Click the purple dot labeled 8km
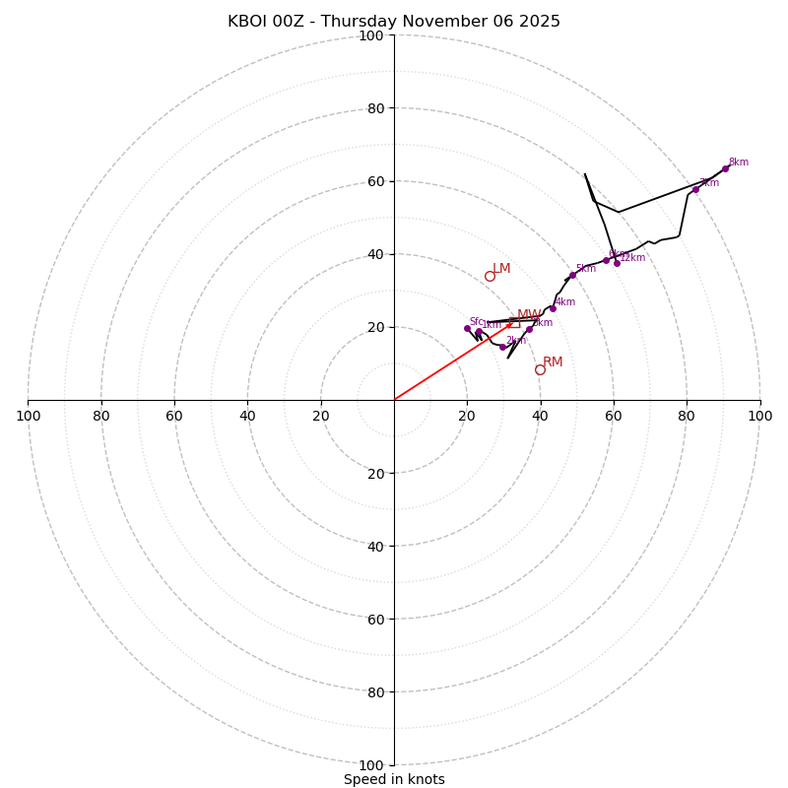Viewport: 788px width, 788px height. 725,168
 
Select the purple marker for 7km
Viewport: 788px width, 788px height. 695,189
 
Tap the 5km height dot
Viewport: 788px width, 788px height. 572,275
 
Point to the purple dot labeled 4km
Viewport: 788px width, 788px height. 553,308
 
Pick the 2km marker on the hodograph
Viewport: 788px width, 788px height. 502,347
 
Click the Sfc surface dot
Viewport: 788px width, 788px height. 467,328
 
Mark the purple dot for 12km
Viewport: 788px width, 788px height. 617,263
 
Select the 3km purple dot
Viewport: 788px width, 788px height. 529,329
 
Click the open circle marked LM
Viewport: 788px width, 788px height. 490,276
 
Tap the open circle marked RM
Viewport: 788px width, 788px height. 540,369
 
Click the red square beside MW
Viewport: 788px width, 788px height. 514,322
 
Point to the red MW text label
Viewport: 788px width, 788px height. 529,315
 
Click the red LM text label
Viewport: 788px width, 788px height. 501,269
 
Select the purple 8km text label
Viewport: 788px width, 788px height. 739,163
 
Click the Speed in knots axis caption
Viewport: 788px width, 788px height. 394,779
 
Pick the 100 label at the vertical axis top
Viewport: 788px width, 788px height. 371,35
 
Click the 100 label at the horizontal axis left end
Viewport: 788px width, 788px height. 29,416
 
